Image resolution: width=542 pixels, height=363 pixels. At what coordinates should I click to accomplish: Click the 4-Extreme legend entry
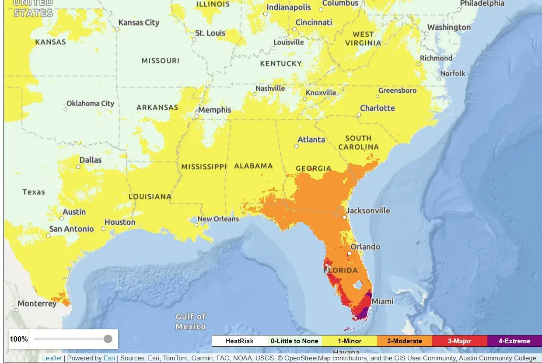coord(514,341)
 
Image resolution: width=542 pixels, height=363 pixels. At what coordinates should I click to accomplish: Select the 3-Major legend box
coord(459,341)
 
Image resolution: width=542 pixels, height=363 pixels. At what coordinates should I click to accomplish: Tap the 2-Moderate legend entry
coord(404,341)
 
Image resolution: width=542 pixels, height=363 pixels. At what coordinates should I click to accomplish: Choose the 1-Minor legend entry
coord(349,341)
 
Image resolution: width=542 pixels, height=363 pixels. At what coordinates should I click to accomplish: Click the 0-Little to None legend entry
coord(294,341)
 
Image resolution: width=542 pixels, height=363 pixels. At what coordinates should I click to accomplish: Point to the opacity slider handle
coord(108,339)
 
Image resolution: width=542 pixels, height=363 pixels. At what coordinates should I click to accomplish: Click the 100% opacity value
coord(19,339)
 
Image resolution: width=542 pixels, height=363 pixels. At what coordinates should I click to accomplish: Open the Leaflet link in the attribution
coord(52,358)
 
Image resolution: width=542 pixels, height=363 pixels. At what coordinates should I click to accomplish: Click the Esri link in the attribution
coord(109,358)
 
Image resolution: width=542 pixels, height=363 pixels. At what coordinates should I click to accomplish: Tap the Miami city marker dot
coord(370,308)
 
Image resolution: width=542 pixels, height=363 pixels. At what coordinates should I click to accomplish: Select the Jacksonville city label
coord(368,210)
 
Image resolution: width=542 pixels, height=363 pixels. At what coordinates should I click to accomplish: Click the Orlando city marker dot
coord(349,253)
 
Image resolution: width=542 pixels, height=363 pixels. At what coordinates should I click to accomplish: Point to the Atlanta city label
coord(311,140)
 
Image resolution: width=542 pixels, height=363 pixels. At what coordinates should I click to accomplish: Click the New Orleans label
coord(218,219)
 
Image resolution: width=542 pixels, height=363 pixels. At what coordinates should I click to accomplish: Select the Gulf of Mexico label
coord(191,321)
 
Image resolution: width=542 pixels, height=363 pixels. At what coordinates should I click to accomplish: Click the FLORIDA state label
coord(341,270)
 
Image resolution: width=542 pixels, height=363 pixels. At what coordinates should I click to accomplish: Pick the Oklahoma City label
coord(90,104)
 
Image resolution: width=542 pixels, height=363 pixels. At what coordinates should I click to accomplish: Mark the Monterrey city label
coord(37,304)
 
